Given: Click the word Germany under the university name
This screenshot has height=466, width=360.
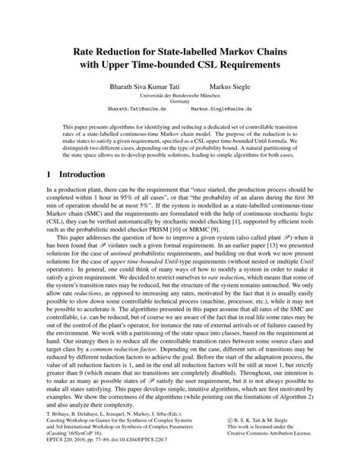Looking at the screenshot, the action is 180,108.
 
